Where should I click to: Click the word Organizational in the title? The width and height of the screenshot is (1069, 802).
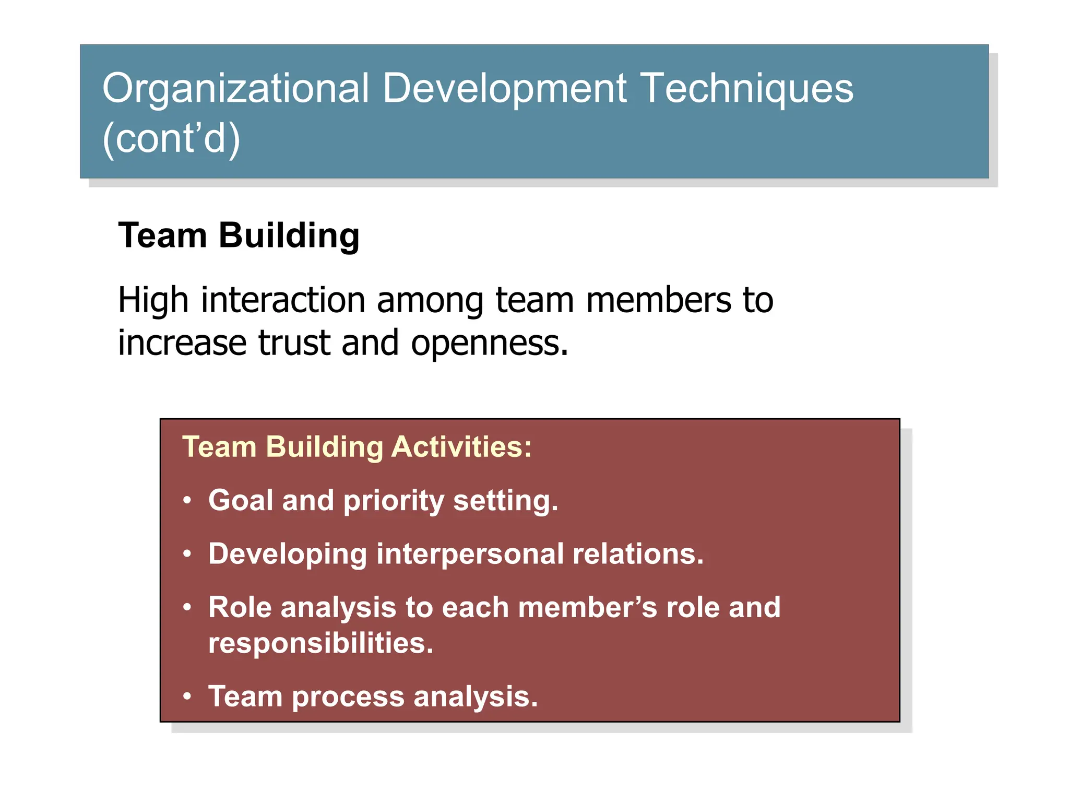coord(236,89)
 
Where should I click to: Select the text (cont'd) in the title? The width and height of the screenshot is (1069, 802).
coord(171,138)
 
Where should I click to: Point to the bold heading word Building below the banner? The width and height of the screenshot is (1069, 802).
coord(289,236)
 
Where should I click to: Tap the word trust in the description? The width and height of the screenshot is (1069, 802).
coord(294,343)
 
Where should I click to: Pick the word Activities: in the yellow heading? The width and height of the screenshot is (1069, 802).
coord(461,447)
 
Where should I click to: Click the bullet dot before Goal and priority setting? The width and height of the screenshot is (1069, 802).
coord(187,501)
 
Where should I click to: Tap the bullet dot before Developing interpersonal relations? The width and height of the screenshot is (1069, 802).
coord(187,554)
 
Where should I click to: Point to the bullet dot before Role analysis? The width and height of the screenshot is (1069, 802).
coord(187,607)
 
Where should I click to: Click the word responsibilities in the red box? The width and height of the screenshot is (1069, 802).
coord(320,643)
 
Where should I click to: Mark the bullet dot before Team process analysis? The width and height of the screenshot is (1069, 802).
coord(187,697)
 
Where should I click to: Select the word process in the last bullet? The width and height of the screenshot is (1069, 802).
coord(348,698)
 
